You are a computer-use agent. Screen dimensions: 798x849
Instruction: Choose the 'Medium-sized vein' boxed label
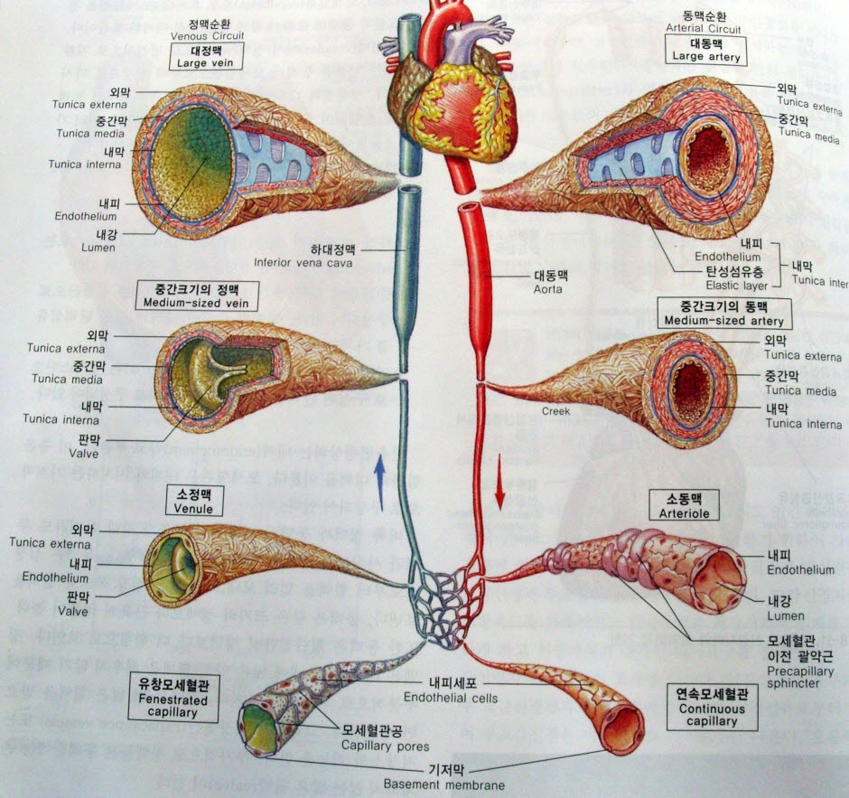pos(194,295)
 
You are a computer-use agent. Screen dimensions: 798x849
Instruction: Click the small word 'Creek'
pos(556,411)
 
